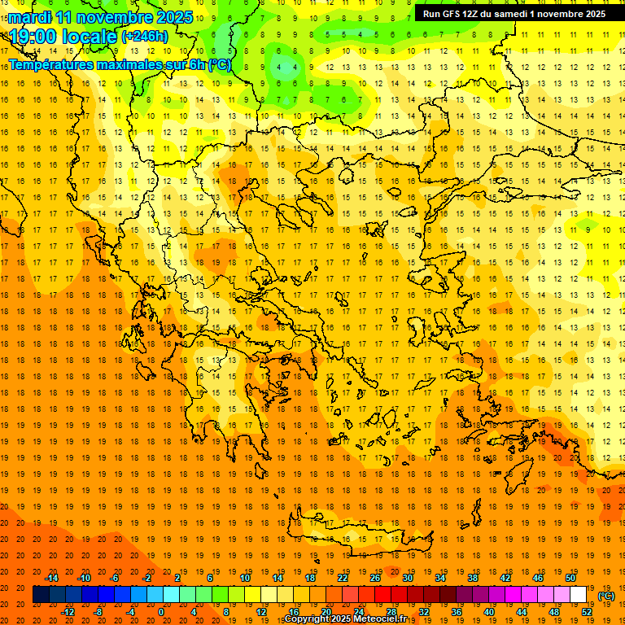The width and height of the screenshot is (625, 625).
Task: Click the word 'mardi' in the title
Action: coord(29,17)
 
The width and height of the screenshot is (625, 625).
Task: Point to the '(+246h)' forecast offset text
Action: coord(145,37)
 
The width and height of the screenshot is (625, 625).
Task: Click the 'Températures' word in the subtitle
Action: coord(51,64)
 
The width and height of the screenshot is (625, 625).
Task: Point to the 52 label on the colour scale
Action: coord(587,611)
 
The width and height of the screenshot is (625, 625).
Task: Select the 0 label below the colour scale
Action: coord(161,611)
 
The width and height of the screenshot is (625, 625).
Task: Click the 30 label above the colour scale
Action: coord(407,578)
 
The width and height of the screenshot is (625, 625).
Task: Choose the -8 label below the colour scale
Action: coord(98,611)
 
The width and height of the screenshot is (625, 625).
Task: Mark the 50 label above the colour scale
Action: coord(570,578)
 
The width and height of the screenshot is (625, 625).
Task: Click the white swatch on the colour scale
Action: coord(578,595)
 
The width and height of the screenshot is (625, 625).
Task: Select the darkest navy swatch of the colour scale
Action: coord(41,595)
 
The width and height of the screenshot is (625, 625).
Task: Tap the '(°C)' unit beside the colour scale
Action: coord(606,596)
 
